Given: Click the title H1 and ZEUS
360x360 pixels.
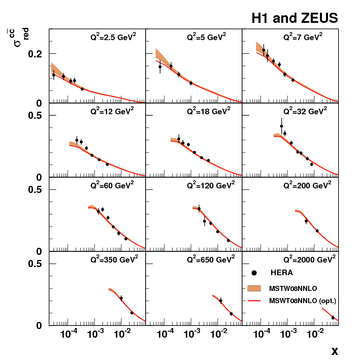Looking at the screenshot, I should pyautogui.click(x=294, y=19).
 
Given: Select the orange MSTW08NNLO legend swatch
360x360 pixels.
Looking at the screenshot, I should pyautogui.click(x=264, y=288).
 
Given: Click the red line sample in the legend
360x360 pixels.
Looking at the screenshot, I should pyautogui.click(x=264, y=301).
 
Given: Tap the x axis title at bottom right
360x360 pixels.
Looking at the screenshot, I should pyautogui.click(x=335, y=351).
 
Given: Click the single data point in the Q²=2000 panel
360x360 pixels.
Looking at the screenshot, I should pyautogui.click(x=333, y=317).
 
